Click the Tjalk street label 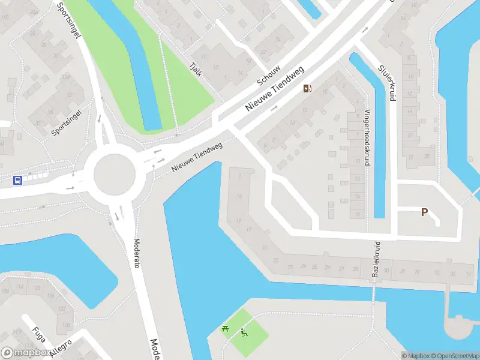click(195, 67)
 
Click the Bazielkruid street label click(377, 259)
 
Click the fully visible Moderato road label click(136, 253)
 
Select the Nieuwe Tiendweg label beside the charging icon click(276, 88)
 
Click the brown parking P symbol click(424, 212)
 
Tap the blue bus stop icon click(18, 179)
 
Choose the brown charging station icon click(307, 89)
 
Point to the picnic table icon click(225, 328)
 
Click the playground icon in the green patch click(244, 333)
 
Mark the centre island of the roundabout click(114, 175)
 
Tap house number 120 click(36, 288)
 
